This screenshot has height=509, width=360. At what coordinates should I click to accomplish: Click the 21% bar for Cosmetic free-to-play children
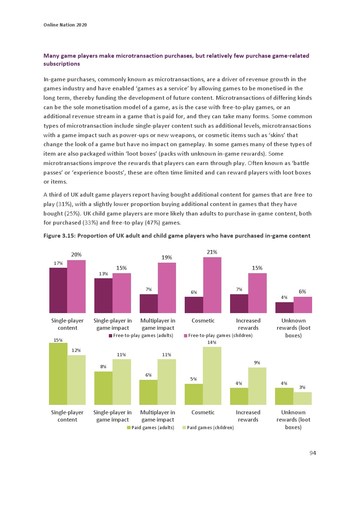(212, 285)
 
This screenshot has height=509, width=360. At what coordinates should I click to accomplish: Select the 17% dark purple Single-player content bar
(58, 290)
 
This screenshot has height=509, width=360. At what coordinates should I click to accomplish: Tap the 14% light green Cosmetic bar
(212, 375)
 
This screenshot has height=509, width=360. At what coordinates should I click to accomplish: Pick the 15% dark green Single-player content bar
(58, 374)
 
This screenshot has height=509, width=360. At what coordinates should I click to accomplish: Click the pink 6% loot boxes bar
(303, 305)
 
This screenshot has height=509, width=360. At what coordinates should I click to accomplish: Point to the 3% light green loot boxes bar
(302, 398)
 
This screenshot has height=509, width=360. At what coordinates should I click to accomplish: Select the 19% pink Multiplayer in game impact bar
(167, 288)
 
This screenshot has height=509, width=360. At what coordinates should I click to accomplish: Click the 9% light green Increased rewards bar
(257, 386)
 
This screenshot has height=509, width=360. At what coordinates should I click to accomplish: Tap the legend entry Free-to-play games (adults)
(141, 336)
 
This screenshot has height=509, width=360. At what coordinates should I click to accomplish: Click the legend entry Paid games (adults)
(151, 428)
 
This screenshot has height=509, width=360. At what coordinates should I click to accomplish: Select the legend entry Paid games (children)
(208, 428)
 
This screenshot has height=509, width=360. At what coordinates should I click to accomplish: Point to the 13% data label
(103, 274)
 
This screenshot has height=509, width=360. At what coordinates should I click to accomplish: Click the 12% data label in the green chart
(76, 350)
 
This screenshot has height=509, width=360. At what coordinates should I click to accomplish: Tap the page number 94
(313, 453)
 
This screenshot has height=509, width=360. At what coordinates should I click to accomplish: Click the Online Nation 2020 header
(65, 25)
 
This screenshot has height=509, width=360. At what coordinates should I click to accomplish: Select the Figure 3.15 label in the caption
(60, 236)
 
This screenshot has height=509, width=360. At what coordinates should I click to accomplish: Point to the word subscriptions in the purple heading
(62, 64)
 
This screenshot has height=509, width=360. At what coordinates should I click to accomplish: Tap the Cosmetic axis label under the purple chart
(203, 321)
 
